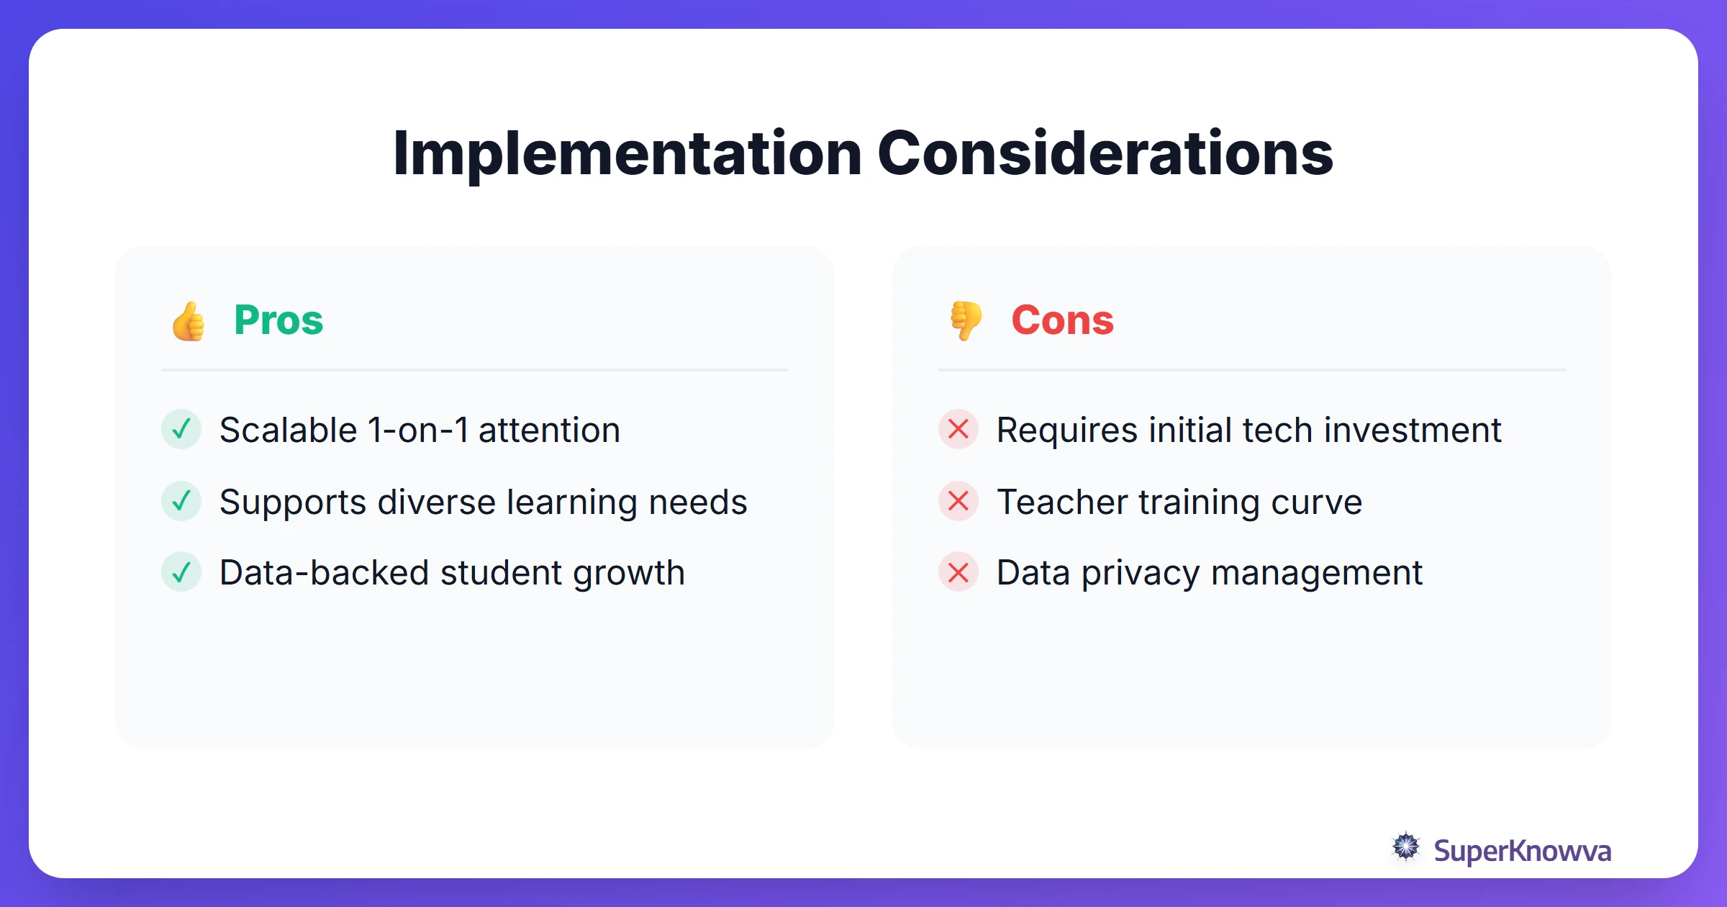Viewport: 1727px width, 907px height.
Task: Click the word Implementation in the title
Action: click(627, 153)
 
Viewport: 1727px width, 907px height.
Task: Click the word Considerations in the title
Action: click(1105, 153)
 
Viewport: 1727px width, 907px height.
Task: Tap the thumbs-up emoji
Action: click(189, 321)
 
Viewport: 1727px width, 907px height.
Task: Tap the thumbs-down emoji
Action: click(966, 320)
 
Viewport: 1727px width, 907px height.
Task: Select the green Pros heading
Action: click(278, 320)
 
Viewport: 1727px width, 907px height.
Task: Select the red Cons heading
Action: click(1062, 320)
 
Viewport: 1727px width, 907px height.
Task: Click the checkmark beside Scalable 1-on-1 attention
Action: click(181, 430)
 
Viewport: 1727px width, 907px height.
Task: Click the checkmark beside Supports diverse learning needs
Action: click(181, 501)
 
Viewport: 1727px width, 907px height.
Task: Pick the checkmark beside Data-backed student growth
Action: click(181, 572)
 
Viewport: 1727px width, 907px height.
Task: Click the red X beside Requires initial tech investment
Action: click(958, 430)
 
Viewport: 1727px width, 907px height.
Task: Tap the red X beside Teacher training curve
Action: click(958, 501)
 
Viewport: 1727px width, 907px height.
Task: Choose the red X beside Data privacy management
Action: click(958, 572)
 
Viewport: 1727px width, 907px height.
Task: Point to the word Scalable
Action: click(288, 430)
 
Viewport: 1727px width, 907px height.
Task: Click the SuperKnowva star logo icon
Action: click(1406, 847)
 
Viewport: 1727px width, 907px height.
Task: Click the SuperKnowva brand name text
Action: click(1522, 851)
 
